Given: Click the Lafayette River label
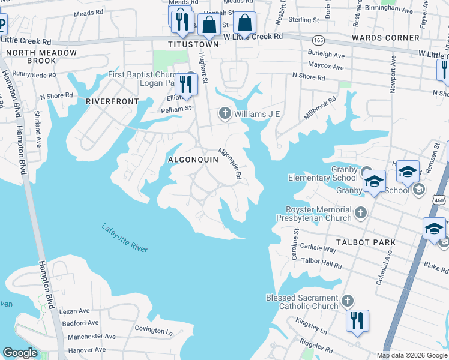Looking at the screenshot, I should (124, 238).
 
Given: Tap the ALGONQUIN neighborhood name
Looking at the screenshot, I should (193, 160).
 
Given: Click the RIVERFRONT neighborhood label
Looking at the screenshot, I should (112, 101).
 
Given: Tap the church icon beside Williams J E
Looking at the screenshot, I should (225, 113).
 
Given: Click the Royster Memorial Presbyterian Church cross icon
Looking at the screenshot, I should (360, 212).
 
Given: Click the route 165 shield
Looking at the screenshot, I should (318, 40).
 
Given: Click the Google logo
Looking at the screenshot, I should (20, 353).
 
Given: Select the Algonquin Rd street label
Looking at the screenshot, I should (230, 164).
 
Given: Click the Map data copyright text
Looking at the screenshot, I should (411, 355).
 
